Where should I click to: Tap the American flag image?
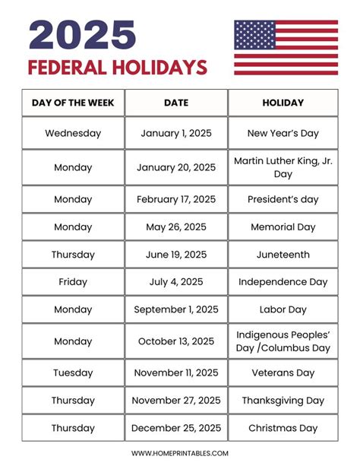coord(286,47)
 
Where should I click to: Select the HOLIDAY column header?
coord(283,103)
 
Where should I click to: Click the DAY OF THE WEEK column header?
coord(73,103)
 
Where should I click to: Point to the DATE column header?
coord(176,103)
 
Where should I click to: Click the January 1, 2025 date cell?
coord(176,133)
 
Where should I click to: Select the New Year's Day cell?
coord(283,133)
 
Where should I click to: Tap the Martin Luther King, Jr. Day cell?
coord(283,167)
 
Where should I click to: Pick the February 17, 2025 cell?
coord(176,200)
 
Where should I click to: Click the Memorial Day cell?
coord(283,227)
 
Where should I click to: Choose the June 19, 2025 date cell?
coord(176,255)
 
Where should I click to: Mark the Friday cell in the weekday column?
coord(73,282)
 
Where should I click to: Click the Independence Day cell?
coord(283,282)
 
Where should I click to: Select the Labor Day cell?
coord(283,309)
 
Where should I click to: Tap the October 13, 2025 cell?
coord(176,341)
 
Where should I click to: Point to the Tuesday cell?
coord(73,373)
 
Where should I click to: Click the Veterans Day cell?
coord(283,373)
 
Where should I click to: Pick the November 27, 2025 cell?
coord(176,401)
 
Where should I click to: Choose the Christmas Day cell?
coord(283,428)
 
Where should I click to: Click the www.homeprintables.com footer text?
coord(180,453)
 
